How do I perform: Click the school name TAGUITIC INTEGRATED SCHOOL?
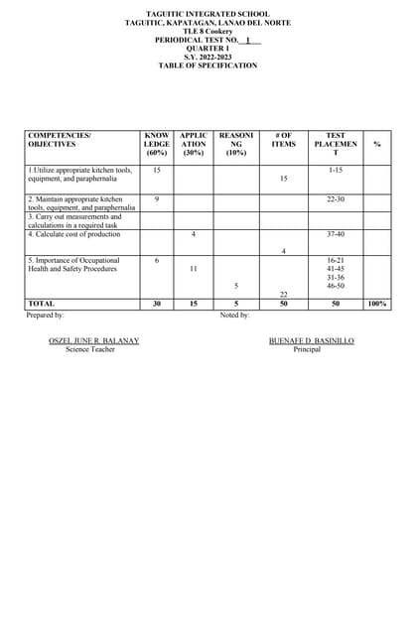point(208,14)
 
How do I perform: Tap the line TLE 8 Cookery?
point(208,31)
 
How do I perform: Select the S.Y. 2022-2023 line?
point(208,57)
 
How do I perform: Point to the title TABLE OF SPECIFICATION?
point(208,65)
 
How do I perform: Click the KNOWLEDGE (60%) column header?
point(157,144)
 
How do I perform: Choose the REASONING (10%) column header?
point(235,144)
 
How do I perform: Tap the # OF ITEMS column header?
point(283,140)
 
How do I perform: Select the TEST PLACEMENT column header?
point(336,144)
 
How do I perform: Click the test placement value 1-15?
point(336,171)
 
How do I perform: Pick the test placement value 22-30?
point(336,199)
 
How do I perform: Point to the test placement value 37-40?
point(336,234)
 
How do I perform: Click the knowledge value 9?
point(157,199)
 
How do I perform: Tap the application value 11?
point(193,269)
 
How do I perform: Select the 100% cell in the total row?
point(377,304)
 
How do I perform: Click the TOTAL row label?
point(42,304)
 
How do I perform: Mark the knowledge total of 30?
point(157,304)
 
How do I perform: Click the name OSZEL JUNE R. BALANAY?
point(93,340)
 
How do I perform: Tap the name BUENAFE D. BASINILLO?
point(311,340)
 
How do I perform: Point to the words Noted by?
point(234,315)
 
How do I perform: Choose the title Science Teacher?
point(90,349)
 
